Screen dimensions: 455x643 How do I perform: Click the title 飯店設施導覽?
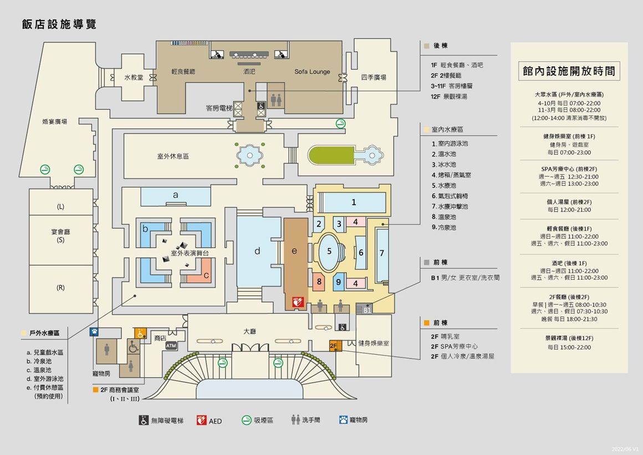coord(59,24)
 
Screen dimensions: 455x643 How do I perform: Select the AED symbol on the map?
coord(298,301)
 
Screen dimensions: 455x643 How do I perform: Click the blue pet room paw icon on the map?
coord(95,332)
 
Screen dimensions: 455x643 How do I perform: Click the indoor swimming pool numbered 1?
coord(354,203)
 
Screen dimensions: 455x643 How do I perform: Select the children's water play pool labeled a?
coord(176,195)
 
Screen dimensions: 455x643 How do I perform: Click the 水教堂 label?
coord(134,78)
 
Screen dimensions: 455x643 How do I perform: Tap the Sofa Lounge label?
coord(312,72)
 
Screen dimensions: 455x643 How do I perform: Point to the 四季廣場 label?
coord(374,77)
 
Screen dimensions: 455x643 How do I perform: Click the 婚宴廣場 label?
coord(55,121)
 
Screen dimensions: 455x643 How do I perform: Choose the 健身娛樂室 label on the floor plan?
coord(374,343)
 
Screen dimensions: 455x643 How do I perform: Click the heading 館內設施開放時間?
coord(569,72)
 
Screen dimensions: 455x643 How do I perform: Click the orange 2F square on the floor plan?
coord(334,345)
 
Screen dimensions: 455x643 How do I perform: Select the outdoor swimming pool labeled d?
coord(258,251)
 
